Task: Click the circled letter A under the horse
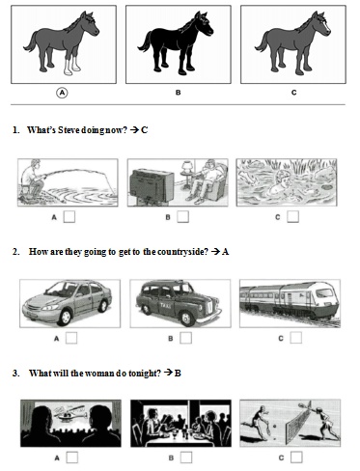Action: (x=62, y=93)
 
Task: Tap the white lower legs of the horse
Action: (x=71, y=66)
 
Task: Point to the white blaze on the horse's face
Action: (x=327, y=27)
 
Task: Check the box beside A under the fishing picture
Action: (x=69, y=217)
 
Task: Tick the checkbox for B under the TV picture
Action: (x=182, y=217)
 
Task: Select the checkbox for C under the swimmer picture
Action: (x=292, y=216)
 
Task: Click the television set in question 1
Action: (x=152, y=186)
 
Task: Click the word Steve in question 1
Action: (x=69, y=130)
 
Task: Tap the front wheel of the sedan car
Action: (x=65, y=317)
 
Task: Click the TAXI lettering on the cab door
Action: (x=168, y=305)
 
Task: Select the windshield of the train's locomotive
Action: (x=324, y=292)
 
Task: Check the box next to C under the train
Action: (x=296, y=338)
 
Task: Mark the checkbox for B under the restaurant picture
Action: (x=186, y=457)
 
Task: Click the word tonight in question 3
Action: (x=145, y=374)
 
